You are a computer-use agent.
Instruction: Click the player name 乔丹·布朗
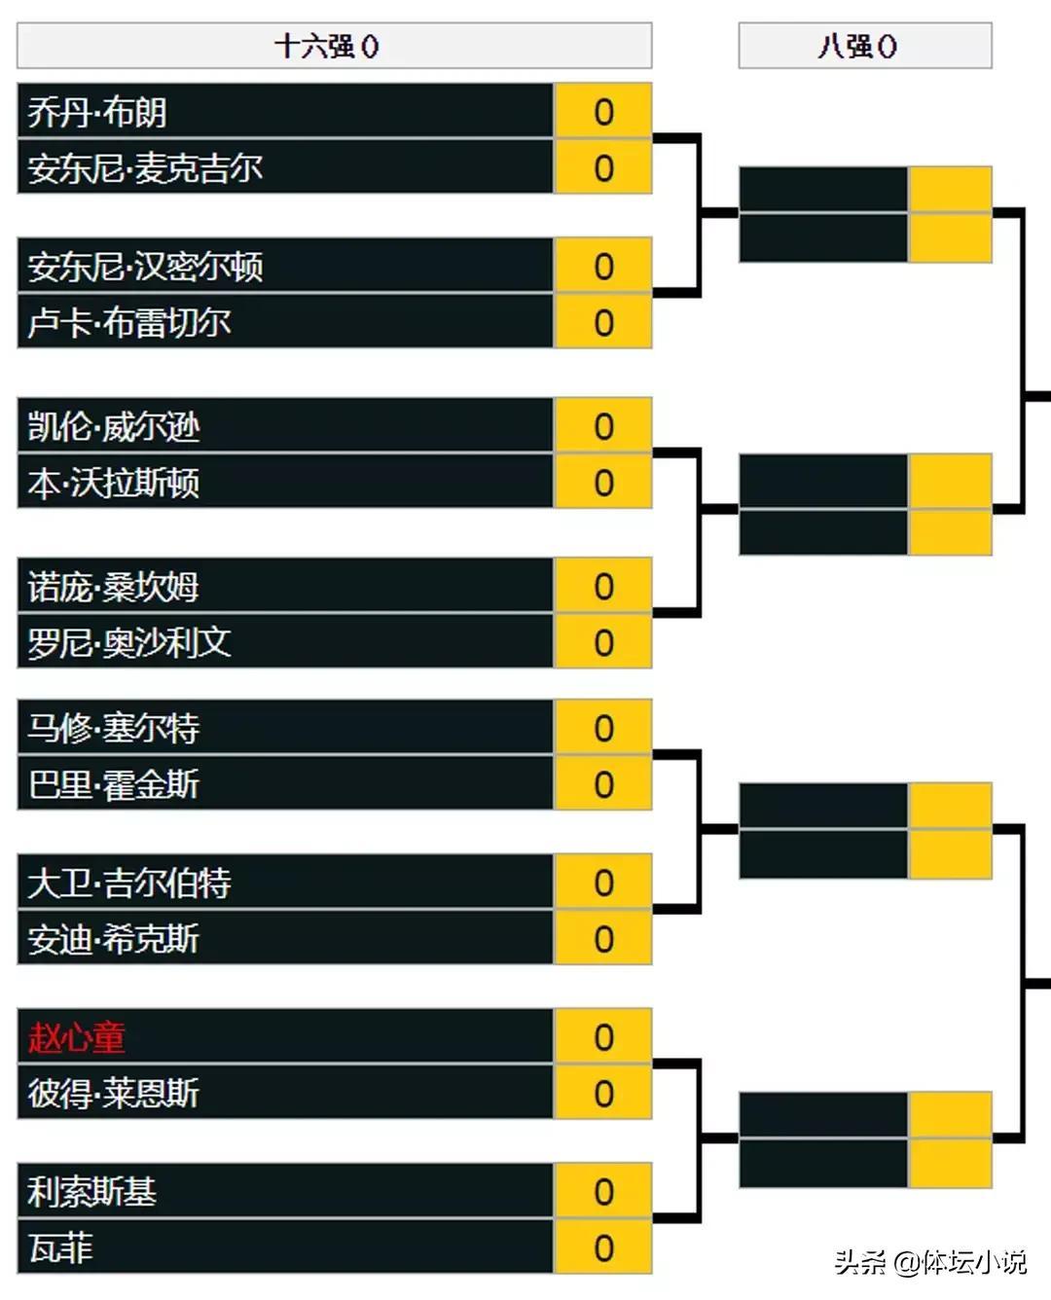click(x=97, y=112)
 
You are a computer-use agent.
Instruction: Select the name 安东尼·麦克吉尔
click(x=145, y=168)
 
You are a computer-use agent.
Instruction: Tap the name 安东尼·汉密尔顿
click(x=145, y=267)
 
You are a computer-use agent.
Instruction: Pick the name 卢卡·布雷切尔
click(x=129, y=323)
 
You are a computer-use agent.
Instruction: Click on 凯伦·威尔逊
click(x=114, y=426)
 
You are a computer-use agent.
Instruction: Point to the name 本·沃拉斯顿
click(x=114, y=483)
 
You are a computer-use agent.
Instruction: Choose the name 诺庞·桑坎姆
click(x=114, y=587)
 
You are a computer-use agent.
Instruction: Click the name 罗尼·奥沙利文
click(x=129, y=643)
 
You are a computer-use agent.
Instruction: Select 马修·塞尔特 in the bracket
click(x=114, y=728)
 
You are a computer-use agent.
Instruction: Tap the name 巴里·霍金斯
click(x=114, y=784)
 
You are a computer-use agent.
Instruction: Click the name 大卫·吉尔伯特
click(x=129, y=883)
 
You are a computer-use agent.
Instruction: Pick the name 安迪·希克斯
click(x=114, y=939)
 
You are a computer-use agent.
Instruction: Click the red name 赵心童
click(x=77, y=1037)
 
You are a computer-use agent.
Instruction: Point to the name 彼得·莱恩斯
click(x=114, y=1094)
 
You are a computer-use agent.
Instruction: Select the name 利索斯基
click(x=92, y=1192)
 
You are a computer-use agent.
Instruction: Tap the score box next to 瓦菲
click(x=603, y=1248)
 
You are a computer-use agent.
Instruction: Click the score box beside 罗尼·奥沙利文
click(x=603, y=643)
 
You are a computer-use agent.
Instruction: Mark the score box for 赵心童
click(x=603, y=1037)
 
